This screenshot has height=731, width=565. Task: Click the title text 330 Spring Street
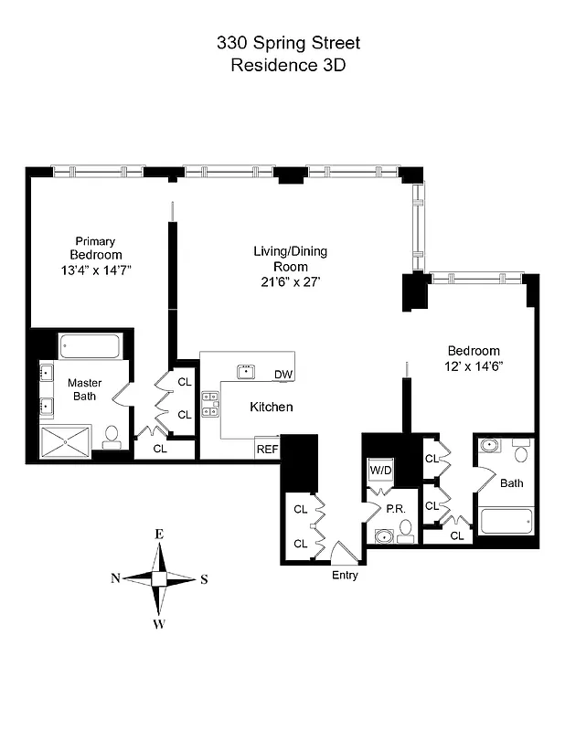[282, 42]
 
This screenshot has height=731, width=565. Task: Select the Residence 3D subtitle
[282, 65]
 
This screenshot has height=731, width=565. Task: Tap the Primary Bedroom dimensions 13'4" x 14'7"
[96, 270]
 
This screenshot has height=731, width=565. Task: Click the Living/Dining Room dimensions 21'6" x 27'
[290, 281]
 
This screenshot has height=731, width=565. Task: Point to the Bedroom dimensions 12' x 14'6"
[473, 365]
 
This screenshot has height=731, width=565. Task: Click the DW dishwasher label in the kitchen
[282, 375]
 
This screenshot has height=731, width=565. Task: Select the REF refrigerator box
[266, 449]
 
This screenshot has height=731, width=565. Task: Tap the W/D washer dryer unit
[379, 470]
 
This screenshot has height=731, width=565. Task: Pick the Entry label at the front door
[344, 576]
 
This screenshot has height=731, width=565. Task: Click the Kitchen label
[271, 407]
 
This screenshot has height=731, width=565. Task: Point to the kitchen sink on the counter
[246, 371]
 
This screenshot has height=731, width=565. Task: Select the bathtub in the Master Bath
[90, 347]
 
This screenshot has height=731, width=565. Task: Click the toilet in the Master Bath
[112, 438]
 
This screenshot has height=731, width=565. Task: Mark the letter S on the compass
[204, 579]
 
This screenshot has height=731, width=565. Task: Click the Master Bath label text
[84, 389]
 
